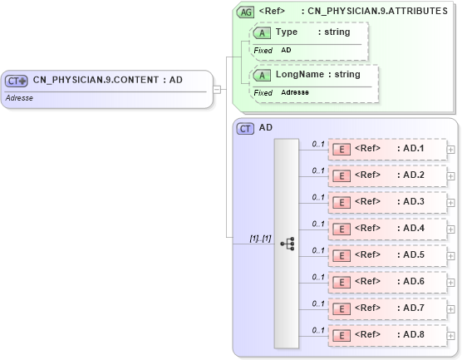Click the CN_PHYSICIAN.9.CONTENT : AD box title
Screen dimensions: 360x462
[107, 81]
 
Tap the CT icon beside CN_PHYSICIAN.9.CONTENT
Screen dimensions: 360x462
[17, 81]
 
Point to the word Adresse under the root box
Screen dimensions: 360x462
[20, 97]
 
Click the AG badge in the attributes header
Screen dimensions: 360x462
[245, 12]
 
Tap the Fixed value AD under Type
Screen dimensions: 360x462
[286, 50]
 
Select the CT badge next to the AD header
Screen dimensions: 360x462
[245, 128]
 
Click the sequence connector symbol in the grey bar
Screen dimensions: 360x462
[288, 244]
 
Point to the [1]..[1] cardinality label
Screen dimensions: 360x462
[260, 238]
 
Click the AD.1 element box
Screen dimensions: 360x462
[386, 149]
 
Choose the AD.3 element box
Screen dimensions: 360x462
[386, 202]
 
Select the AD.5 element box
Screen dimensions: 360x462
[386, 255]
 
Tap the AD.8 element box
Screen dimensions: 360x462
[386, 335]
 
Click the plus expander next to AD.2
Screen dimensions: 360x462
[451, 176]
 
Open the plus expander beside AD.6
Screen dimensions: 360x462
[451, 283]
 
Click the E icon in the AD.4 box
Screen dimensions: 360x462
[340, 229]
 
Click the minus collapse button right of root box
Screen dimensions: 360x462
[216, 88]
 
